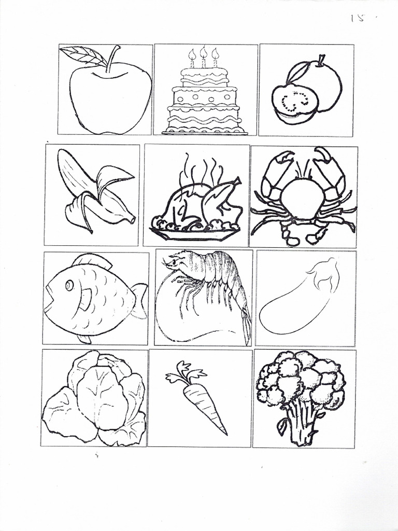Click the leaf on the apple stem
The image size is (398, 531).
pos(83,55)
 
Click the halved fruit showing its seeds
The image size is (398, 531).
pos(295,102)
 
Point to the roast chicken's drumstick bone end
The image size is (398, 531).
pos(237,181)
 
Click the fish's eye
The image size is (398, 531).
pos(69,285)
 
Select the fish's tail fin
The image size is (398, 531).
pos(138,300)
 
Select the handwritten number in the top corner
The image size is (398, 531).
pos(358,18)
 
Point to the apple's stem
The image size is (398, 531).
pos(112,57)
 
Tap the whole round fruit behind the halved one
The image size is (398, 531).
pos(324,83)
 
